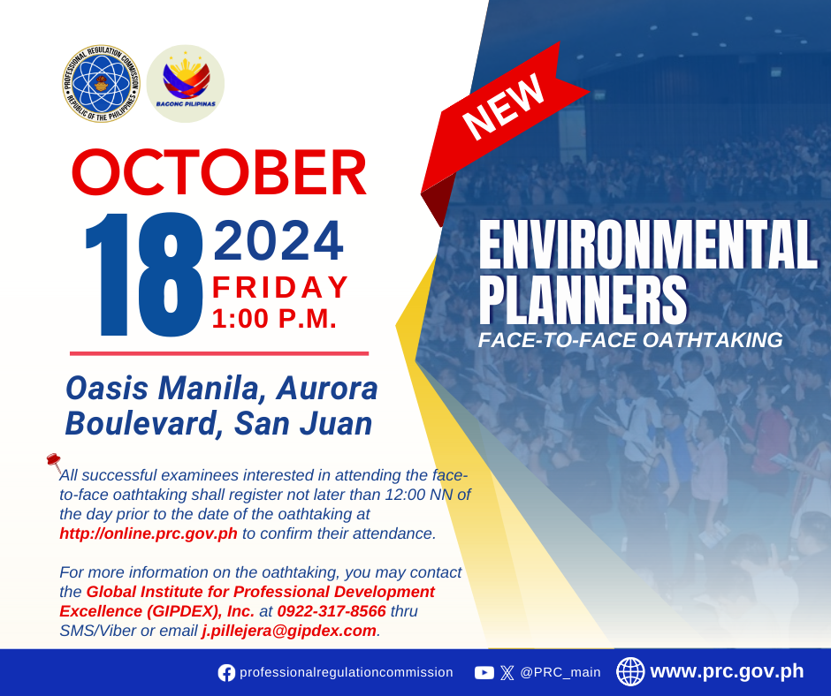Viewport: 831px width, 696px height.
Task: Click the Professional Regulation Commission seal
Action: tap(102, 84)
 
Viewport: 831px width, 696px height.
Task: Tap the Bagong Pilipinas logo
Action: tap(186, 84)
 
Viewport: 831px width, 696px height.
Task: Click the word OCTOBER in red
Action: tap(219, 172)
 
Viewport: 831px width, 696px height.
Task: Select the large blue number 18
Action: tap(143, 275)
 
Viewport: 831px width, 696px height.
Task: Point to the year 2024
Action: tap(278, 241)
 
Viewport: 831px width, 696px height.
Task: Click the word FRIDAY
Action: tap(280, 288)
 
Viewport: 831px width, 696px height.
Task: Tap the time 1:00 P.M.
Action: tap(275, 319)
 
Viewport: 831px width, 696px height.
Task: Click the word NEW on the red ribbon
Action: tap(503, 106)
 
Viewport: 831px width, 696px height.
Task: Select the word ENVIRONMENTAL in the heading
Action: tap(648, 246)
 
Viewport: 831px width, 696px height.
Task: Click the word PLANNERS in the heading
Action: tap(583, 299)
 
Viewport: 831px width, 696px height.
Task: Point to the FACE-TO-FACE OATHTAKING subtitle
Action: tap(630, 340)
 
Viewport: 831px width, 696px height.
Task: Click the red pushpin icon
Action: tap(55, 463)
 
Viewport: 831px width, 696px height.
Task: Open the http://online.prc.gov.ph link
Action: tap(149, 533)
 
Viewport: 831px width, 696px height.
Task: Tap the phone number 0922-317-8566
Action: tap(332, 611)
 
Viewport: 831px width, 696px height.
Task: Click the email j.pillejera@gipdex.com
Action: tap(289, 631)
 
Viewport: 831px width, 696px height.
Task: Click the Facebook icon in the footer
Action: tap(226, 673)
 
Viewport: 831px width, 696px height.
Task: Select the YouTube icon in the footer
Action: tap(484, 673)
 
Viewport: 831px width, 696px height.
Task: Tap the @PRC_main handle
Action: tap(560, 672)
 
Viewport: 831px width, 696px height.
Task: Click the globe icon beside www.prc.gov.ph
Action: tap(630, 671)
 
